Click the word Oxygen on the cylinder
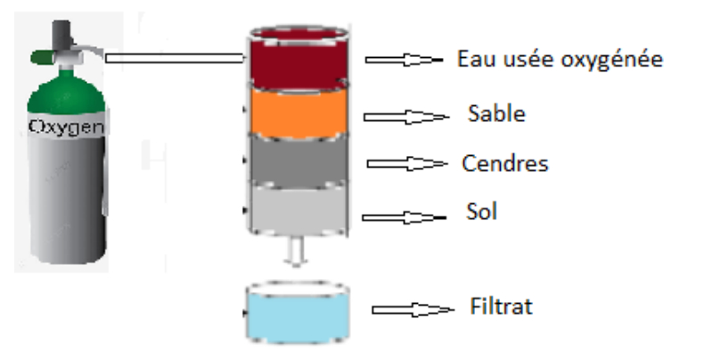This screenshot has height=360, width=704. pos(66,127)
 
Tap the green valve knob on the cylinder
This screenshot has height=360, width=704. pos(42,57)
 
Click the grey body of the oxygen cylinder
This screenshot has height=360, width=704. pos(68,198)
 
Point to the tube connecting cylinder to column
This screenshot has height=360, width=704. pos(175,58)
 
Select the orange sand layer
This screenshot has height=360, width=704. pos(299,112)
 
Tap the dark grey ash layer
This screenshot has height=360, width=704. pos(299,160)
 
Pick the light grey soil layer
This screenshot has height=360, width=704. pos(299,209)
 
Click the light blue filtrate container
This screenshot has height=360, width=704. pos(299,314)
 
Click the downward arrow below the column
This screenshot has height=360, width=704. pos(296,251)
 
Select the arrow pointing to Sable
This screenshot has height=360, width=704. pos(405,117)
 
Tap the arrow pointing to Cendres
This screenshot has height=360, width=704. pos(406,164)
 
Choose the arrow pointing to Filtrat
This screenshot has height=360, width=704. pos(413,309)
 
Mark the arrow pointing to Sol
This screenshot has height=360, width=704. pos(404,217)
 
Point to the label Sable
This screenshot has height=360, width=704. pos(496,113)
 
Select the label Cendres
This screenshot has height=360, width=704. pos(505,163)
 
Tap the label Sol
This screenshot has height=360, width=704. pos(482,211)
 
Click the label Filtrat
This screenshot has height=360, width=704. pos(501,307)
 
